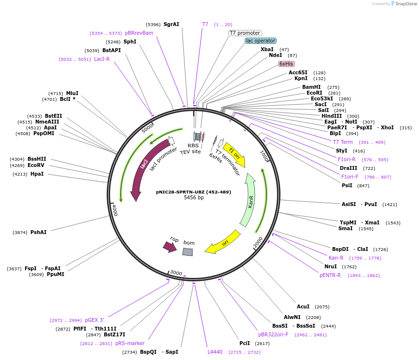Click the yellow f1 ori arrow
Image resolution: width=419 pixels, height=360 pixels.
point(234,155)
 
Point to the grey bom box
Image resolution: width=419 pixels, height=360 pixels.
point(188,251)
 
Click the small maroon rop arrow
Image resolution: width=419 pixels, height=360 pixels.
point(170,247)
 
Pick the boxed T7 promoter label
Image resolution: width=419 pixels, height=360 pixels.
point(245,33)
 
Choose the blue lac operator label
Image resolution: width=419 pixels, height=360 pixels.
point(261,41)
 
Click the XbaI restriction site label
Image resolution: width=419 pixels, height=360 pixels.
point(267,49)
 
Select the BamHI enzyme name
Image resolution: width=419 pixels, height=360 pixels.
point(311,87)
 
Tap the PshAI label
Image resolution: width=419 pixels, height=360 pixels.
point(39,232)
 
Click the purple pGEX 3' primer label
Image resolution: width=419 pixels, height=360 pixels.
point(95,320)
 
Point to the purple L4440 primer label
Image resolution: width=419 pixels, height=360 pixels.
point(215,352)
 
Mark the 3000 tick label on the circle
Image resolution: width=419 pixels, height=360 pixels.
point(176,273)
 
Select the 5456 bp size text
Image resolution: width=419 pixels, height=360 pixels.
point(194,198)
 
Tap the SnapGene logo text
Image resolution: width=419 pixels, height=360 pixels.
point(406,4)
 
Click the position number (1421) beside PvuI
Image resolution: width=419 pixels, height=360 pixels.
point(390,205)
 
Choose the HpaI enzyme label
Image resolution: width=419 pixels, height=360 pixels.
point(37,174)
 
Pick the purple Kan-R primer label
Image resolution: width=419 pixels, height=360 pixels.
point(336,258)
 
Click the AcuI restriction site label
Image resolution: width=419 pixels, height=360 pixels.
point(303,306)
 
